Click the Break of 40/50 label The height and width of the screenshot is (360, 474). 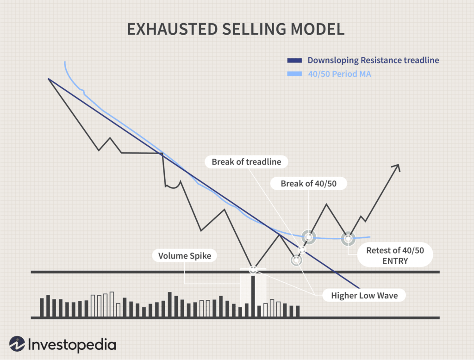click(x=308, y=183)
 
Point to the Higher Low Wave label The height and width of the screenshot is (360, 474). click(x=364, y=295)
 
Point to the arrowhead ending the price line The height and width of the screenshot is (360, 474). click(x=397, y=167)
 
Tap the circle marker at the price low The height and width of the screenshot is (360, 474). click(x=253, y=269)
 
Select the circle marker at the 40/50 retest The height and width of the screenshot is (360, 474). click(x=348, y=239)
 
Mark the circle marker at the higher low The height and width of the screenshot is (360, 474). click(x=296, y=260)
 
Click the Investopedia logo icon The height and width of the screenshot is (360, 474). click(x=17, y=344)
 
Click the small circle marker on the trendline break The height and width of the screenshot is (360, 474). click(x=302, y=250)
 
